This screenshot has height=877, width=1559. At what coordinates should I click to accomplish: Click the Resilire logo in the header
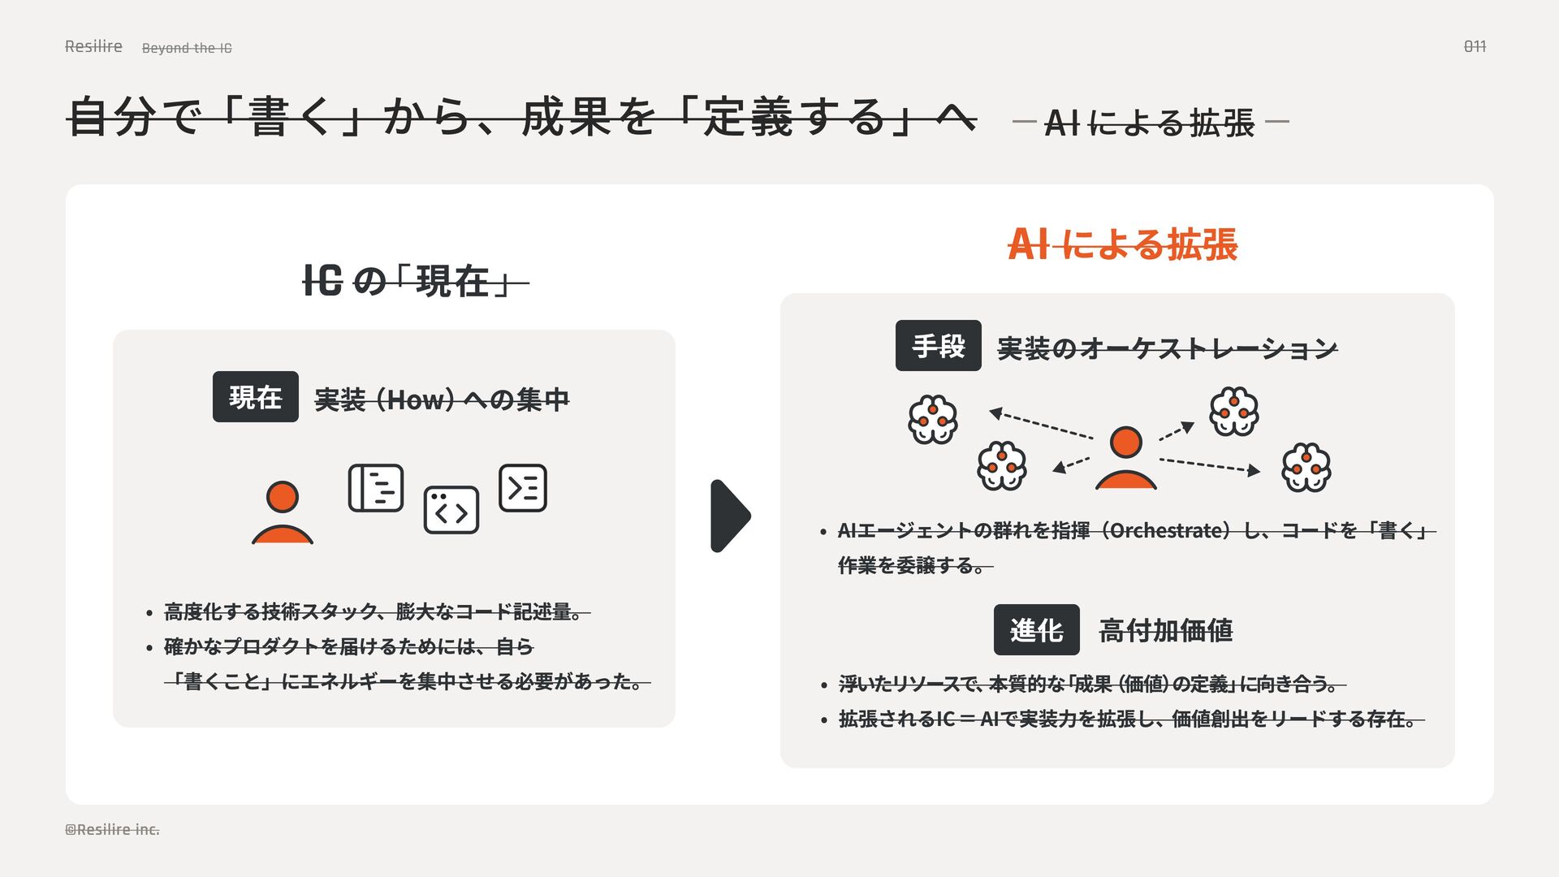(x=93, y=46)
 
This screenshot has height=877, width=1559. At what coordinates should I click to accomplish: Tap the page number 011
(x=1475, y=46)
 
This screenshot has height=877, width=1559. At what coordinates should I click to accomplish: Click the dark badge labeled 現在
(x=255, y=396)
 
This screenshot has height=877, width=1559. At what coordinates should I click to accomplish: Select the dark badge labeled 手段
(x=938, y=346)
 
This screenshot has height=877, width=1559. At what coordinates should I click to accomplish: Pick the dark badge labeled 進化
(x=1036, y=629)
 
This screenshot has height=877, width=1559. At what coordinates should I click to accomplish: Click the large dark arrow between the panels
(x=729, y=516)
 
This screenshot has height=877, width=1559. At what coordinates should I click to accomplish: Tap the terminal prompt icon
(x=522, y=488)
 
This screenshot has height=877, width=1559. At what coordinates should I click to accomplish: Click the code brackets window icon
(x=451, y=510)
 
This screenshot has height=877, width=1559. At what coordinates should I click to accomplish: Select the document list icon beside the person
(x=375, y=488)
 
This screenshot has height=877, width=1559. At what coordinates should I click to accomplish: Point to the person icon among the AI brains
(x=1125, y=458)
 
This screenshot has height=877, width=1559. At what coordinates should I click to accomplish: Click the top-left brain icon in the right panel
(x=932, y=419)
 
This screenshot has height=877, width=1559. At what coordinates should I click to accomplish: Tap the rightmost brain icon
(x=1306, y=467)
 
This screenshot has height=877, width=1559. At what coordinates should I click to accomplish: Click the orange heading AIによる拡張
(x=1122, y=244)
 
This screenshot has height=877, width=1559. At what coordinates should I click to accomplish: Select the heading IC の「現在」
(x=415, y=282)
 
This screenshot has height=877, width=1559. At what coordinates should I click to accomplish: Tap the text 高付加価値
(x=1165, y=630)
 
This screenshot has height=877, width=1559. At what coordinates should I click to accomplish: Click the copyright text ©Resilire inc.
(x=112, y=829)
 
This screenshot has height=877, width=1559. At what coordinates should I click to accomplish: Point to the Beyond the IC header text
(x=187, y=48)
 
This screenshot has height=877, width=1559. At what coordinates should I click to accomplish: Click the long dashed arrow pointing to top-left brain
(x=1041, y=425)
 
